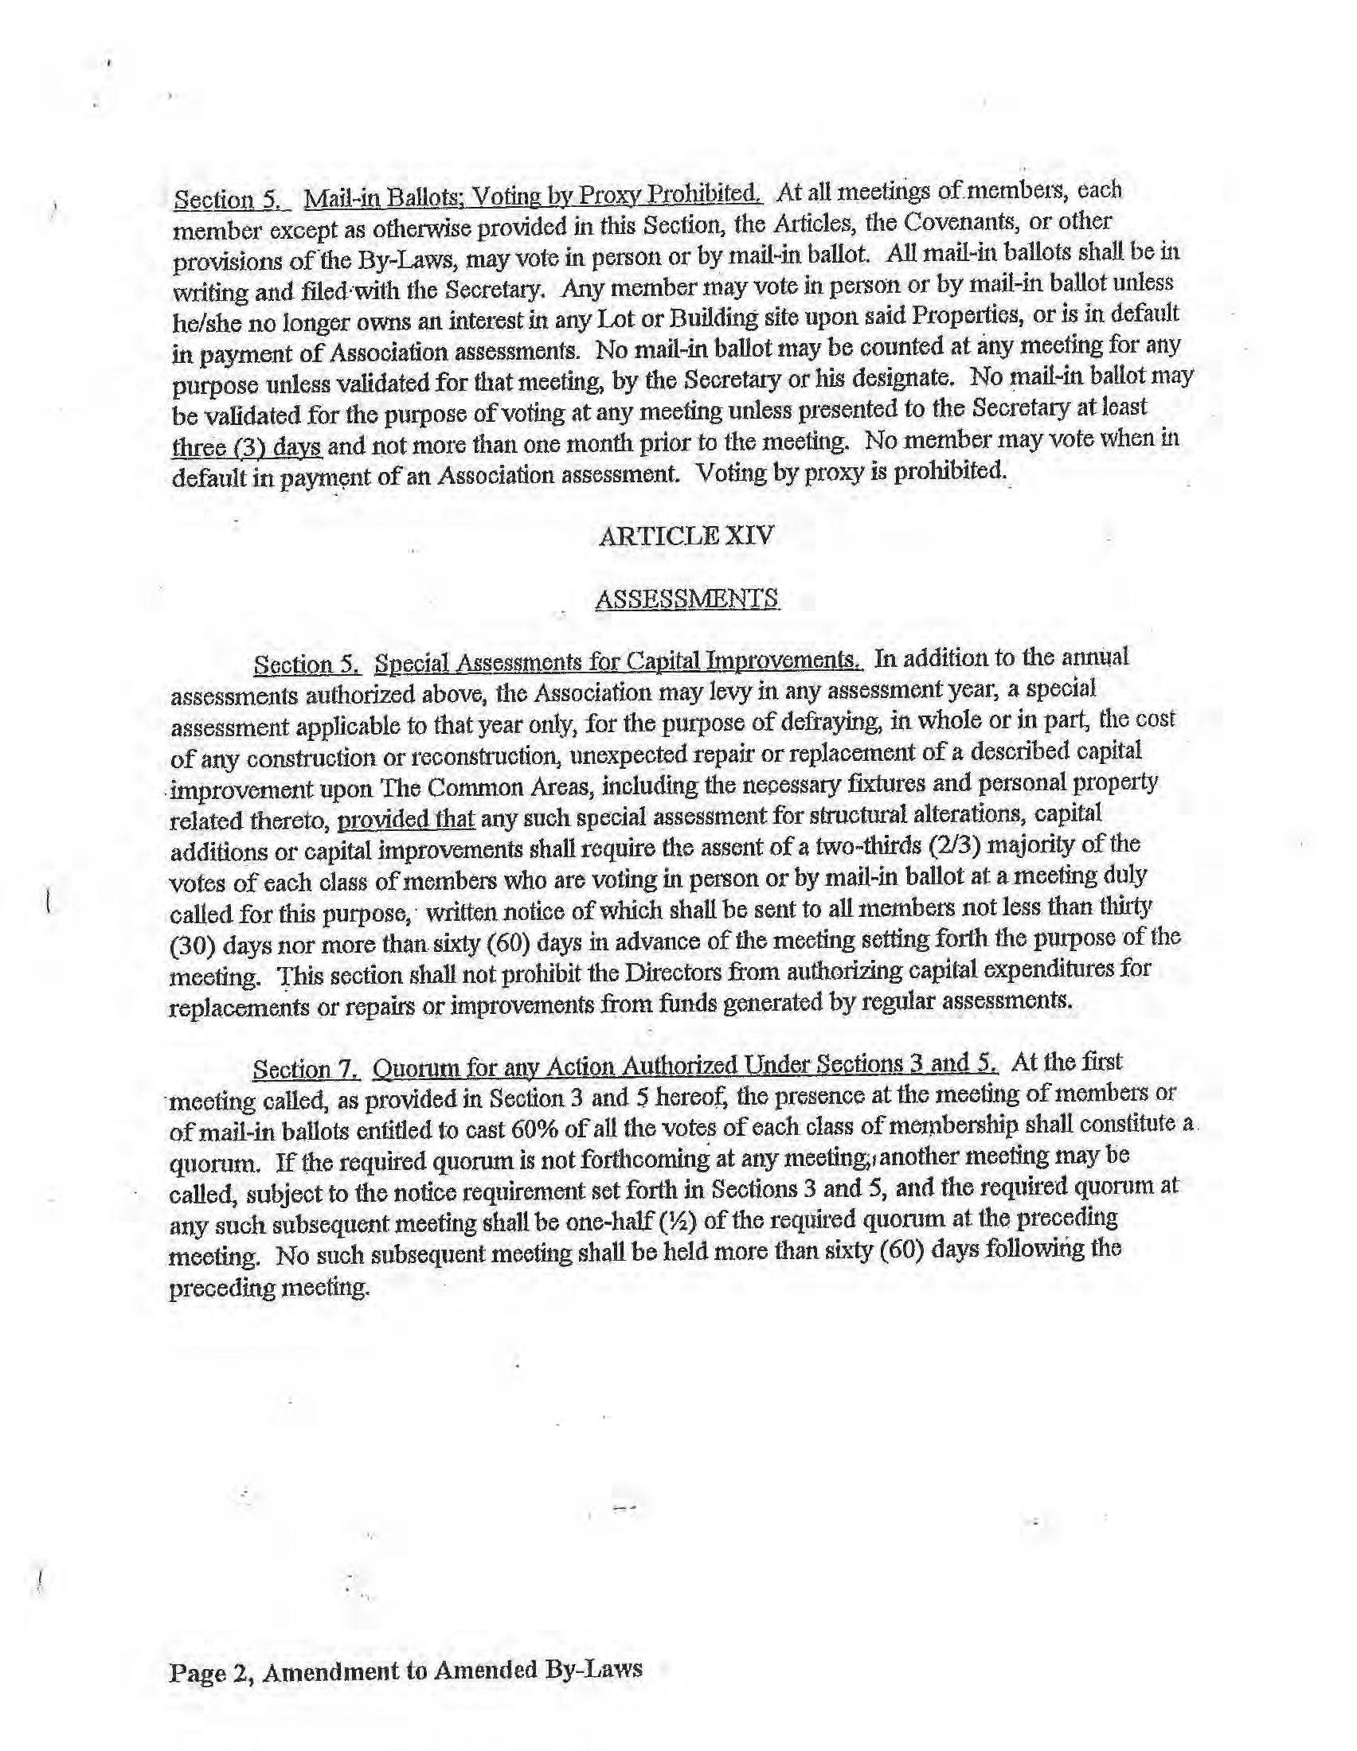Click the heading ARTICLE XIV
pos(686,536)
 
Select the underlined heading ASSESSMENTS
pos(686,598)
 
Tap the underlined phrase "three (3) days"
pos(247,446)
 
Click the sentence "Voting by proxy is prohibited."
pos(851,472)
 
